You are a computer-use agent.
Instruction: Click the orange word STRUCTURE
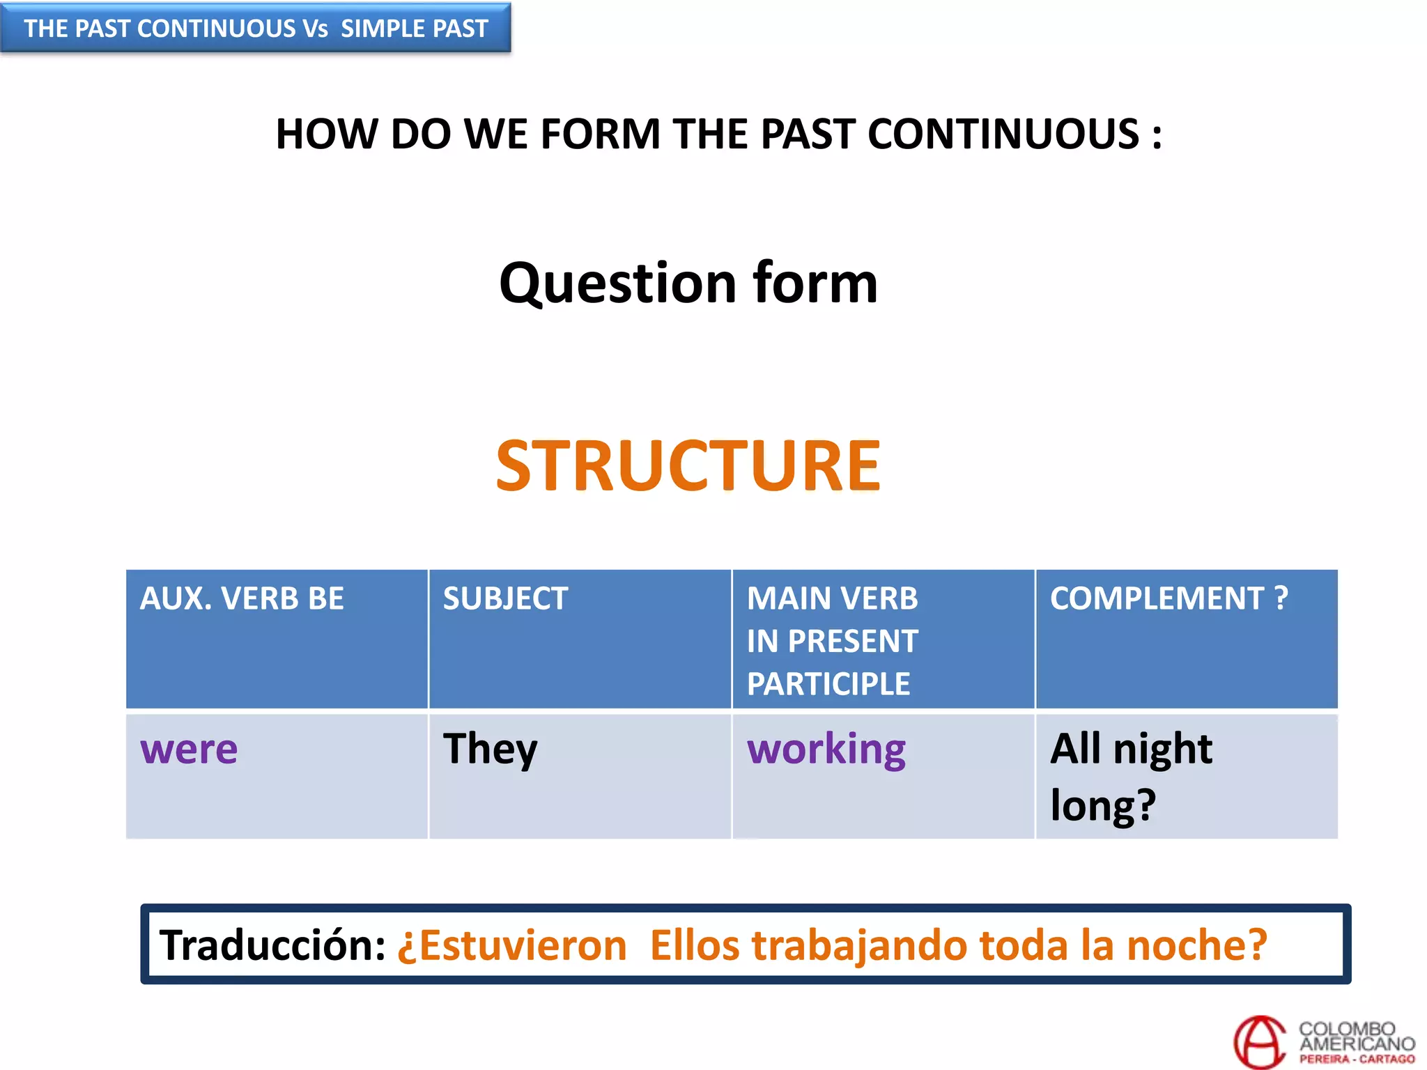point(688,466)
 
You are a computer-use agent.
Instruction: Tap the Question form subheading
point(688,284)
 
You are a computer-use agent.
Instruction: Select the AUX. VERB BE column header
point(242,599)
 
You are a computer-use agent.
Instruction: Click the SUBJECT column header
point(505,599)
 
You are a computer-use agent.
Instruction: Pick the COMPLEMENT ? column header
point(1168,599)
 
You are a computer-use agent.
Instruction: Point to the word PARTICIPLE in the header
point(828,684)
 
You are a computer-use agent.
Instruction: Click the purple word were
point(189,750)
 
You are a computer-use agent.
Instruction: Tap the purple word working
point(826,750)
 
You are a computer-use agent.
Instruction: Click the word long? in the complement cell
point(1102,806)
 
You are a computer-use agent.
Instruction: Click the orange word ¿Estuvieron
point(512,946)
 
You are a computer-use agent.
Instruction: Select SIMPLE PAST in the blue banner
point(414,29)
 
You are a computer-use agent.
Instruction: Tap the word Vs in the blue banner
point(314,29)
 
